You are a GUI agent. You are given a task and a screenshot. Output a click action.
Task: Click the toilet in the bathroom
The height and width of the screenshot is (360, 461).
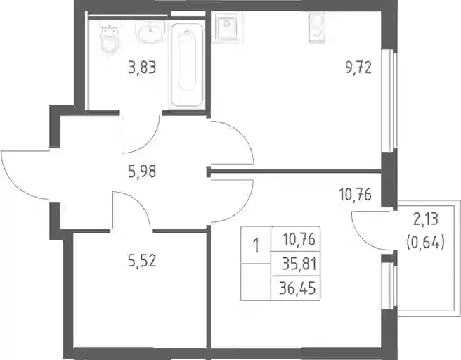(x=109, y=38)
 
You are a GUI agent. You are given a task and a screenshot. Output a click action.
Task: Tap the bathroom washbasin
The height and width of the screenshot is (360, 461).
(x=150, y=32)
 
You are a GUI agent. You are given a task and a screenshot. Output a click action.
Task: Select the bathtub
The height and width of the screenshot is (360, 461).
(x=187, y=65)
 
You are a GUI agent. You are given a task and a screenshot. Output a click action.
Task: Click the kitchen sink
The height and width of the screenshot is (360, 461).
(x=226, y=27)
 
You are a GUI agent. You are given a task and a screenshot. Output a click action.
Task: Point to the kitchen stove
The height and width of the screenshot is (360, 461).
(x=317, y=27)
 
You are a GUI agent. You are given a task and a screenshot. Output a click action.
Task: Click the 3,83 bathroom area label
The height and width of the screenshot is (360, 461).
(x=142, y=67)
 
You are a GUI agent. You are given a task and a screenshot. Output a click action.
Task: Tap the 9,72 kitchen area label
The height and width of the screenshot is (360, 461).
(x=358, y=67)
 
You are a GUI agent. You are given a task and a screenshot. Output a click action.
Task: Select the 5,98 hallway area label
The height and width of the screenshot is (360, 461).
(x=142, y=171)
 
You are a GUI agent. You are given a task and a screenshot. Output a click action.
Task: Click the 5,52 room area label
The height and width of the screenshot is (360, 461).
(x=142, y=261)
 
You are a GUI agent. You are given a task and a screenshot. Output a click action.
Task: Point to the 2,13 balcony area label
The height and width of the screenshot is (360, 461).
(x=425, y=219)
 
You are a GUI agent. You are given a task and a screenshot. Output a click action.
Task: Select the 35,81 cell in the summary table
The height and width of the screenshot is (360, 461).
(x=299, y=264)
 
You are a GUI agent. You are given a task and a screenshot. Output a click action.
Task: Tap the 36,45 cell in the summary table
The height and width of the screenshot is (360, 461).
(x=297, y=288)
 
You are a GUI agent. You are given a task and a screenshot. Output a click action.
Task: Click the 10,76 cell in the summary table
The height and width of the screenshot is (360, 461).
(x=299, y=240)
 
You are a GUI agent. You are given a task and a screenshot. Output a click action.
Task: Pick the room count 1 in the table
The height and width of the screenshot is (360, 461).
(x=257, y=245)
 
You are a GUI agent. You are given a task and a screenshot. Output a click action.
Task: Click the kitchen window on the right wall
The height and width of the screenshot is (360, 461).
(x=389, y=101)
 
